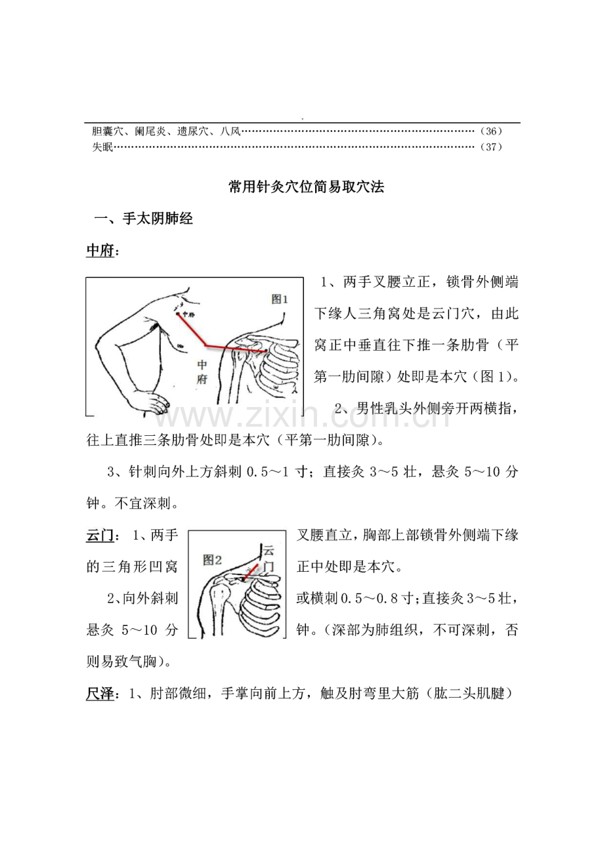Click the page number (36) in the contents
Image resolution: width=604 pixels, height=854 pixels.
coord(491,131)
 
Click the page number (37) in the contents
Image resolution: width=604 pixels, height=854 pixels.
coord(491,147)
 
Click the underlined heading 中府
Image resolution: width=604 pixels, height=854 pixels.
coord(99,252)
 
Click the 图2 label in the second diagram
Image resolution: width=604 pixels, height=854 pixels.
coord(213,560)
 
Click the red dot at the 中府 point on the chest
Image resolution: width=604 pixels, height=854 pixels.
coord(178,315)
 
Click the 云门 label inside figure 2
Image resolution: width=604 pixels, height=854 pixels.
coord(268,558)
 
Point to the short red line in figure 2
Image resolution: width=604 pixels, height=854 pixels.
coord(249,573)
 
